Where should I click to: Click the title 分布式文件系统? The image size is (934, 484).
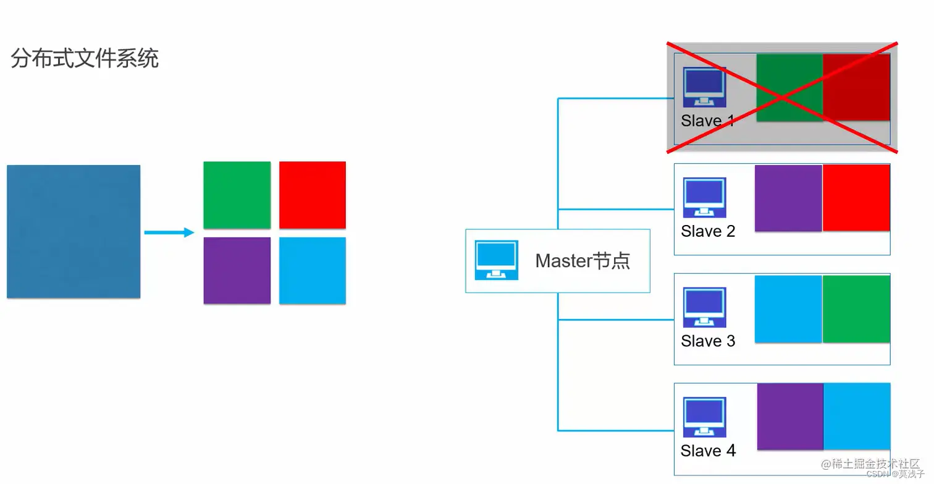point(85,59)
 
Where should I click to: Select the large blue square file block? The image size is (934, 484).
point(74,231)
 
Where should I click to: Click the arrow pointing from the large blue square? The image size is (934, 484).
point(169,232)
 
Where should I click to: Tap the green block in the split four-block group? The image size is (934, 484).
point(237,195)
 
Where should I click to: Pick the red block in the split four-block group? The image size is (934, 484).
point(312,195)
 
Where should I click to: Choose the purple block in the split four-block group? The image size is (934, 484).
point(237,270)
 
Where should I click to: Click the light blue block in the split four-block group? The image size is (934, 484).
point(312,270)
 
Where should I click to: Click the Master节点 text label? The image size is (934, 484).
point(583,261)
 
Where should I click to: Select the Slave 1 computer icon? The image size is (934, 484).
point(704,87)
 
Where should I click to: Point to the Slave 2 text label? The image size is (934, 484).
point(708,231)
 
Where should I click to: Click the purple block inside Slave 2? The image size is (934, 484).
point(788,198)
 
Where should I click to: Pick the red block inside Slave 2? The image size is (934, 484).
point(856,198)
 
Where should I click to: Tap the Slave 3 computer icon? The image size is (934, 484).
point(704,307)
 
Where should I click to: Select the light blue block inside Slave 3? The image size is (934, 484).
point(788,308)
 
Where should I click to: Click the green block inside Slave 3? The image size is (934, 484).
point(856,308)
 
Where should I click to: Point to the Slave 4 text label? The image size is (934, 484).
point(708,451)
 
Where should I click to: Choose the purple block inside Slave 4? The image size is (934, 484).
point(790,416)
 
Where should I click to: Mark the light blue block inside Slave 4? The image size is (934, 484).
point(857,416)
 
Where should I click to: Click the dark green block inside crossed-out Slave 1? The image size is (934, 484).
point(789,87)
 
